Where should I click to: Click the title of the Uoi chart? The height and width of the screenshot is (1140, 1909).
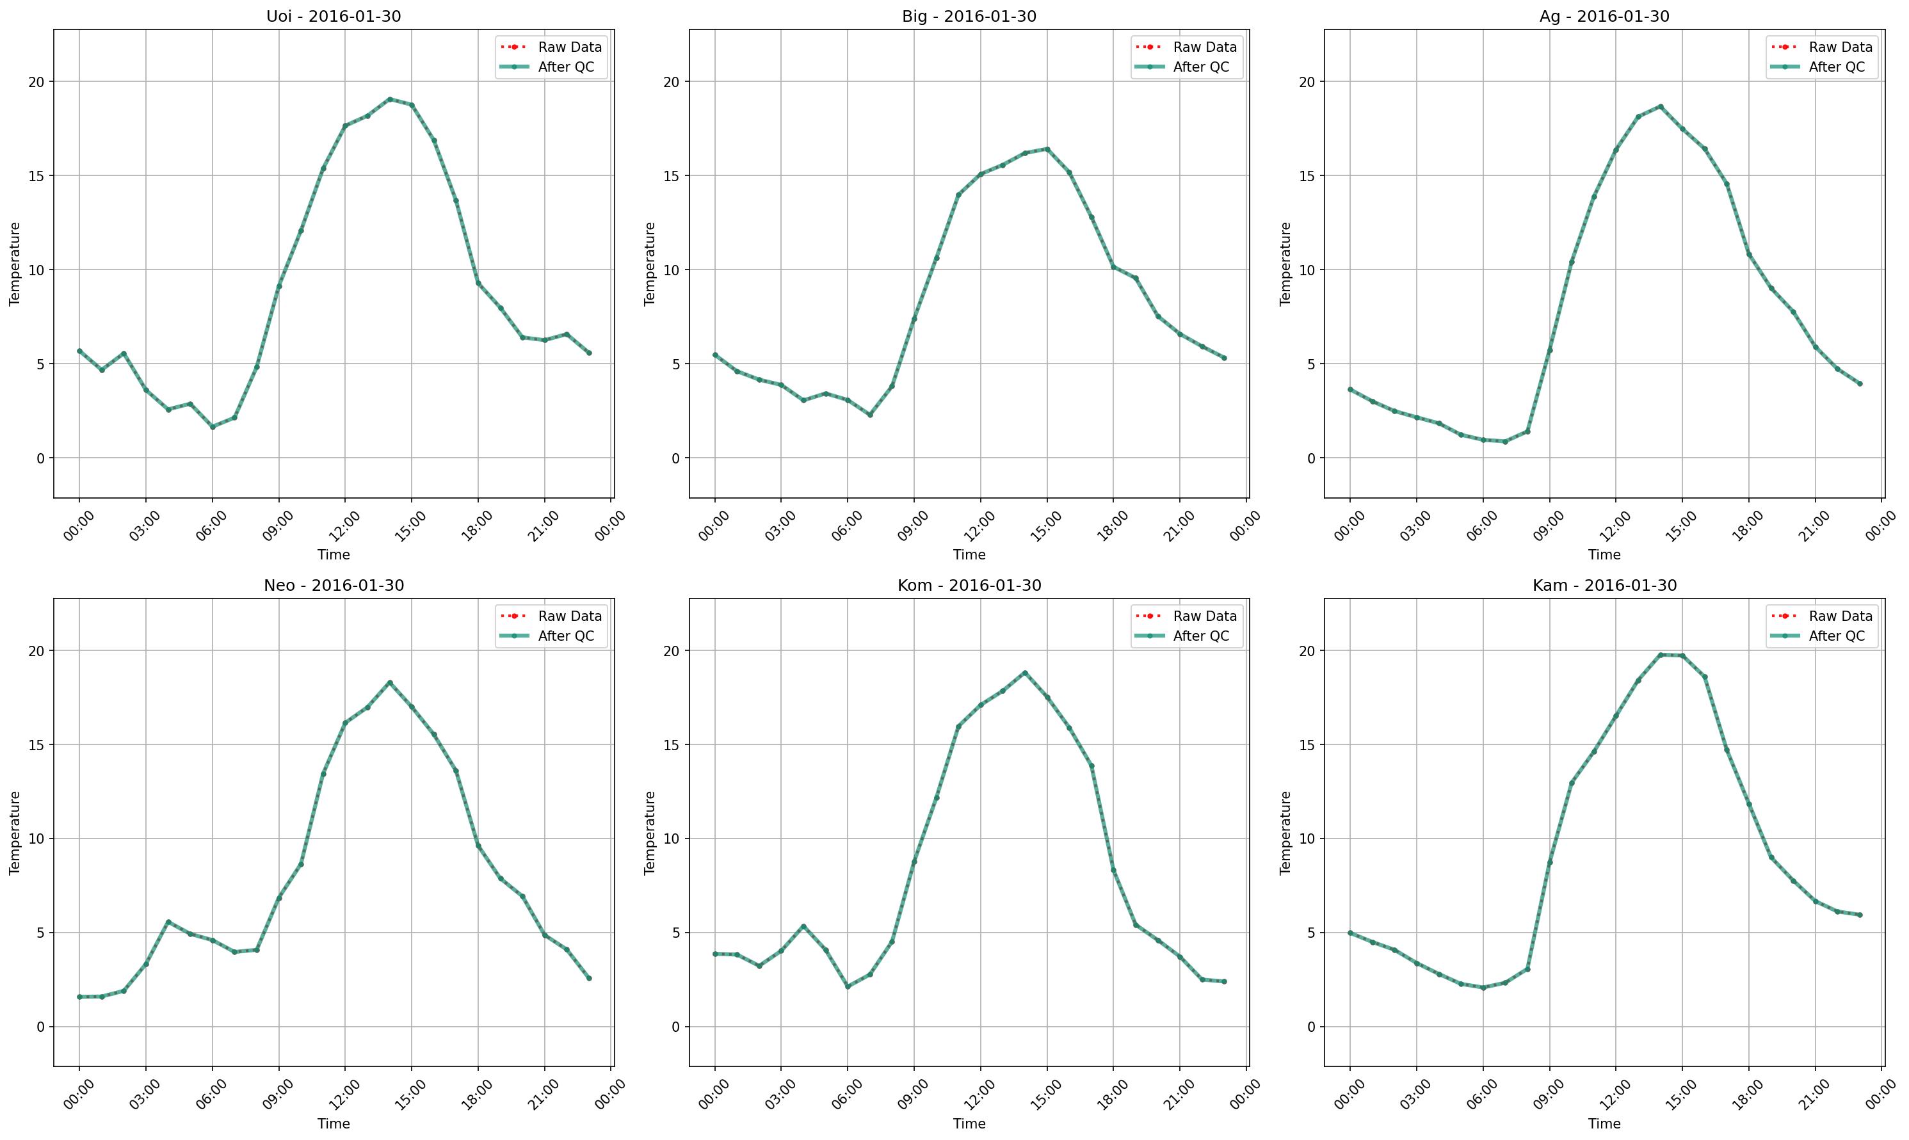click(334, 16)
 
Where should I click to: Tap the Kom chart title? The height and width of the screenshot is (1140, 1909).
click(969, 586)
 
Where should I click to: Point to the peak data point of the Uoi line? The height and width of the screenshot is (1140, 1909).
click(389, 99)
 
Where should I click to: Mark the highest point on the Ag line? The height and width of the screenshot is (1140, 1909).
click(1660, 107)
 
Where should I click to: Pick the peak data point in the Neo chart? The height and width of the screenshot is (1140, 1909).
click(389, 682)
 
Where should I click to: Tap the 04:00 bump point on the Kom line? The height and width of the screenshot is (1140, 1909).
click(803, 926)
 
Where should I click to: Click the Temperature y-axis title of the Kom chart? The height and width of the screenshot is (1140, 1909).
click(650, 833)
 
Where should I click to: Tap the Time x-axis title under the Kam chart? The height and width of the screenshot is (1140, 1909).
click(1604, 1124)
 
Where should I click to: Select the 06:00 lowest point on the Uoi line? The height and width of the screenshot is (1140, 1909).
click(213, 427)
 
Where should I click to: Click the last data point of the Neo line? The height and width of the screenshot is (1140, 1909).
click(589, 978)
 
